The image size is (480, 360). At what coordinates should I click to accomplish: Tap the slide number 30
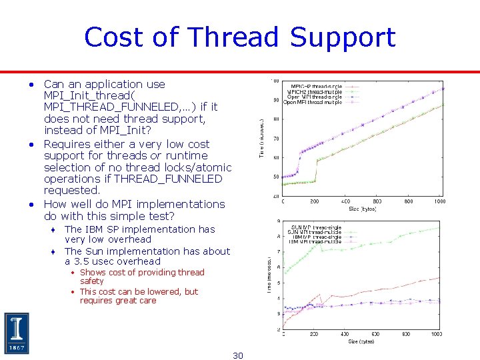click(238, 355)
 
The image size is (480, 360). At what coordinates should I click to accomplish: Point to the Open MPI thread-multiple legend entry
click(313, 103)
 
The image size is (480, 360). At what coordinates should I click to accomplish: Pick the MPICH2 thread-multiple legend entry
click(314, 91)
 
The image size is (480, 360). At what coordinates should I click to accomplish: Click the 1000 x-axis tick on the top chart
click(439, 201)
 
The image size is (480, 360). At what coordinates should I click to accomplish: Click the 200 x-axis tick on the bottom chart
click(313, 335)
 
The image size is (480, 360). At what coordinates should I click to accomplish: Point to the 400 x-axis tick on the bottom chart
click(344, 335)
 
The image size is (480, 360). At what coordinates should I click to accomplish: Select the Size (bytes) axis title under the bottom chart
click(361, 341)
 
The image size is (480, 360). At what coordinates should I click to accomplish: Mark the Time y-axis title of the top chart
click(261, 139)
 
